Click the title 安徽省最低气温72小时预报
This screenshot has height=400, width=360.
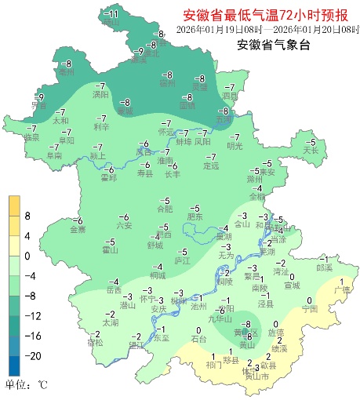point(267,15)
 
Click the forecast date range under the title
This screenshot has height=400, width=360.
point(267,30)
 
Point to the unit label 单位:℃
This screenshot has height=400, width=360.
point(26,385)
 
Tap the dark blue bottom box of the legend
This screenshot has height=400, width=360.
point(14,365)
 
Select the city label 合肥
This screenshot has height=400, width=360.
point(164,209)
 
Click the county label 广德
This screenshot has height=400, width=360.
point(341,290)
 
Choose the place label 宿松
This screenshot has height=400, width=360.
point(95,343)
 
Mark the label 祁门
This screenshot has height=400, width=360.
point(213,365)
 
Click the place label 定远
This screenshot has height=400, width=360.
point(210,165)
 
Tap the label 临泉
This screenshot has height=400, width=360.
point(31,137)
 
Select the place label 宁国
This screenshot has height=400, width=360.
point(309,310)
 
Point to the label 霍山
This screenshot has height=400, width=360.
point(110,250)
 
